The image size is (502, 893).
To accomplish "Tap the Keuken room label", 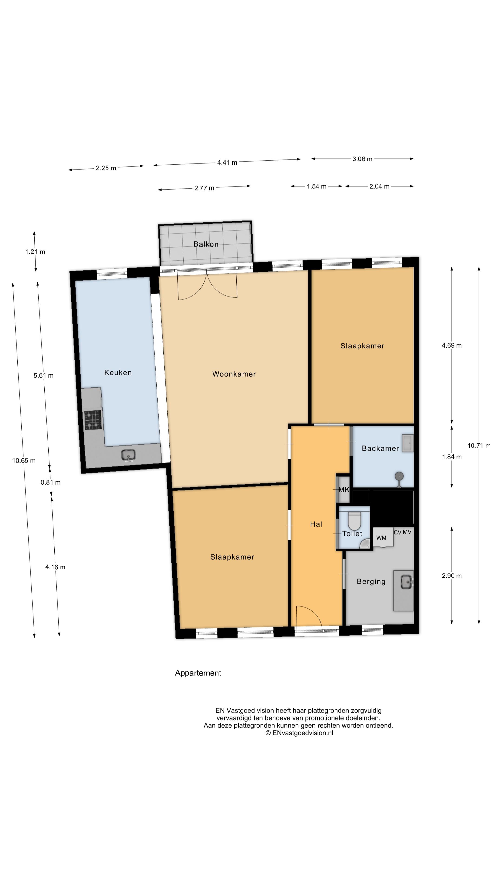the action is (118, 373).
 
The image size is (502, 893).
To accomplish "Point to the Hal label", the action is (316, 524).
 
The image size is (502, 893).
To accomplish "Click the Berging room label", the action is (371, 582).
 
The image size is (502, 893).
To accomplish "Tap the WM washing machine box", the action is (383, 537).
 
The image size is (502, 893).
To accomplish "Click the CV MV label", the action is (402, 532).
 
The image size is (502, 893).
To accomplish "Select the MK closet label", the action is (344, 490).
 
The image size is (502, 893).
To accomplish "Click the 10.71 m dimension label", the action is (479, 446).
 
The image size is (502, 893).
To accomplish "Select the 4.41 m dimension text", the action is (227, 162).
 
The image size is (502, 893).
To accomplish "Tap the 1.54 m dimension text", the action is (316, 187).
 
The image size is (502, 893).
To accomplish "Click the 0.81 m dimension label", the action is (51, 482).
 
